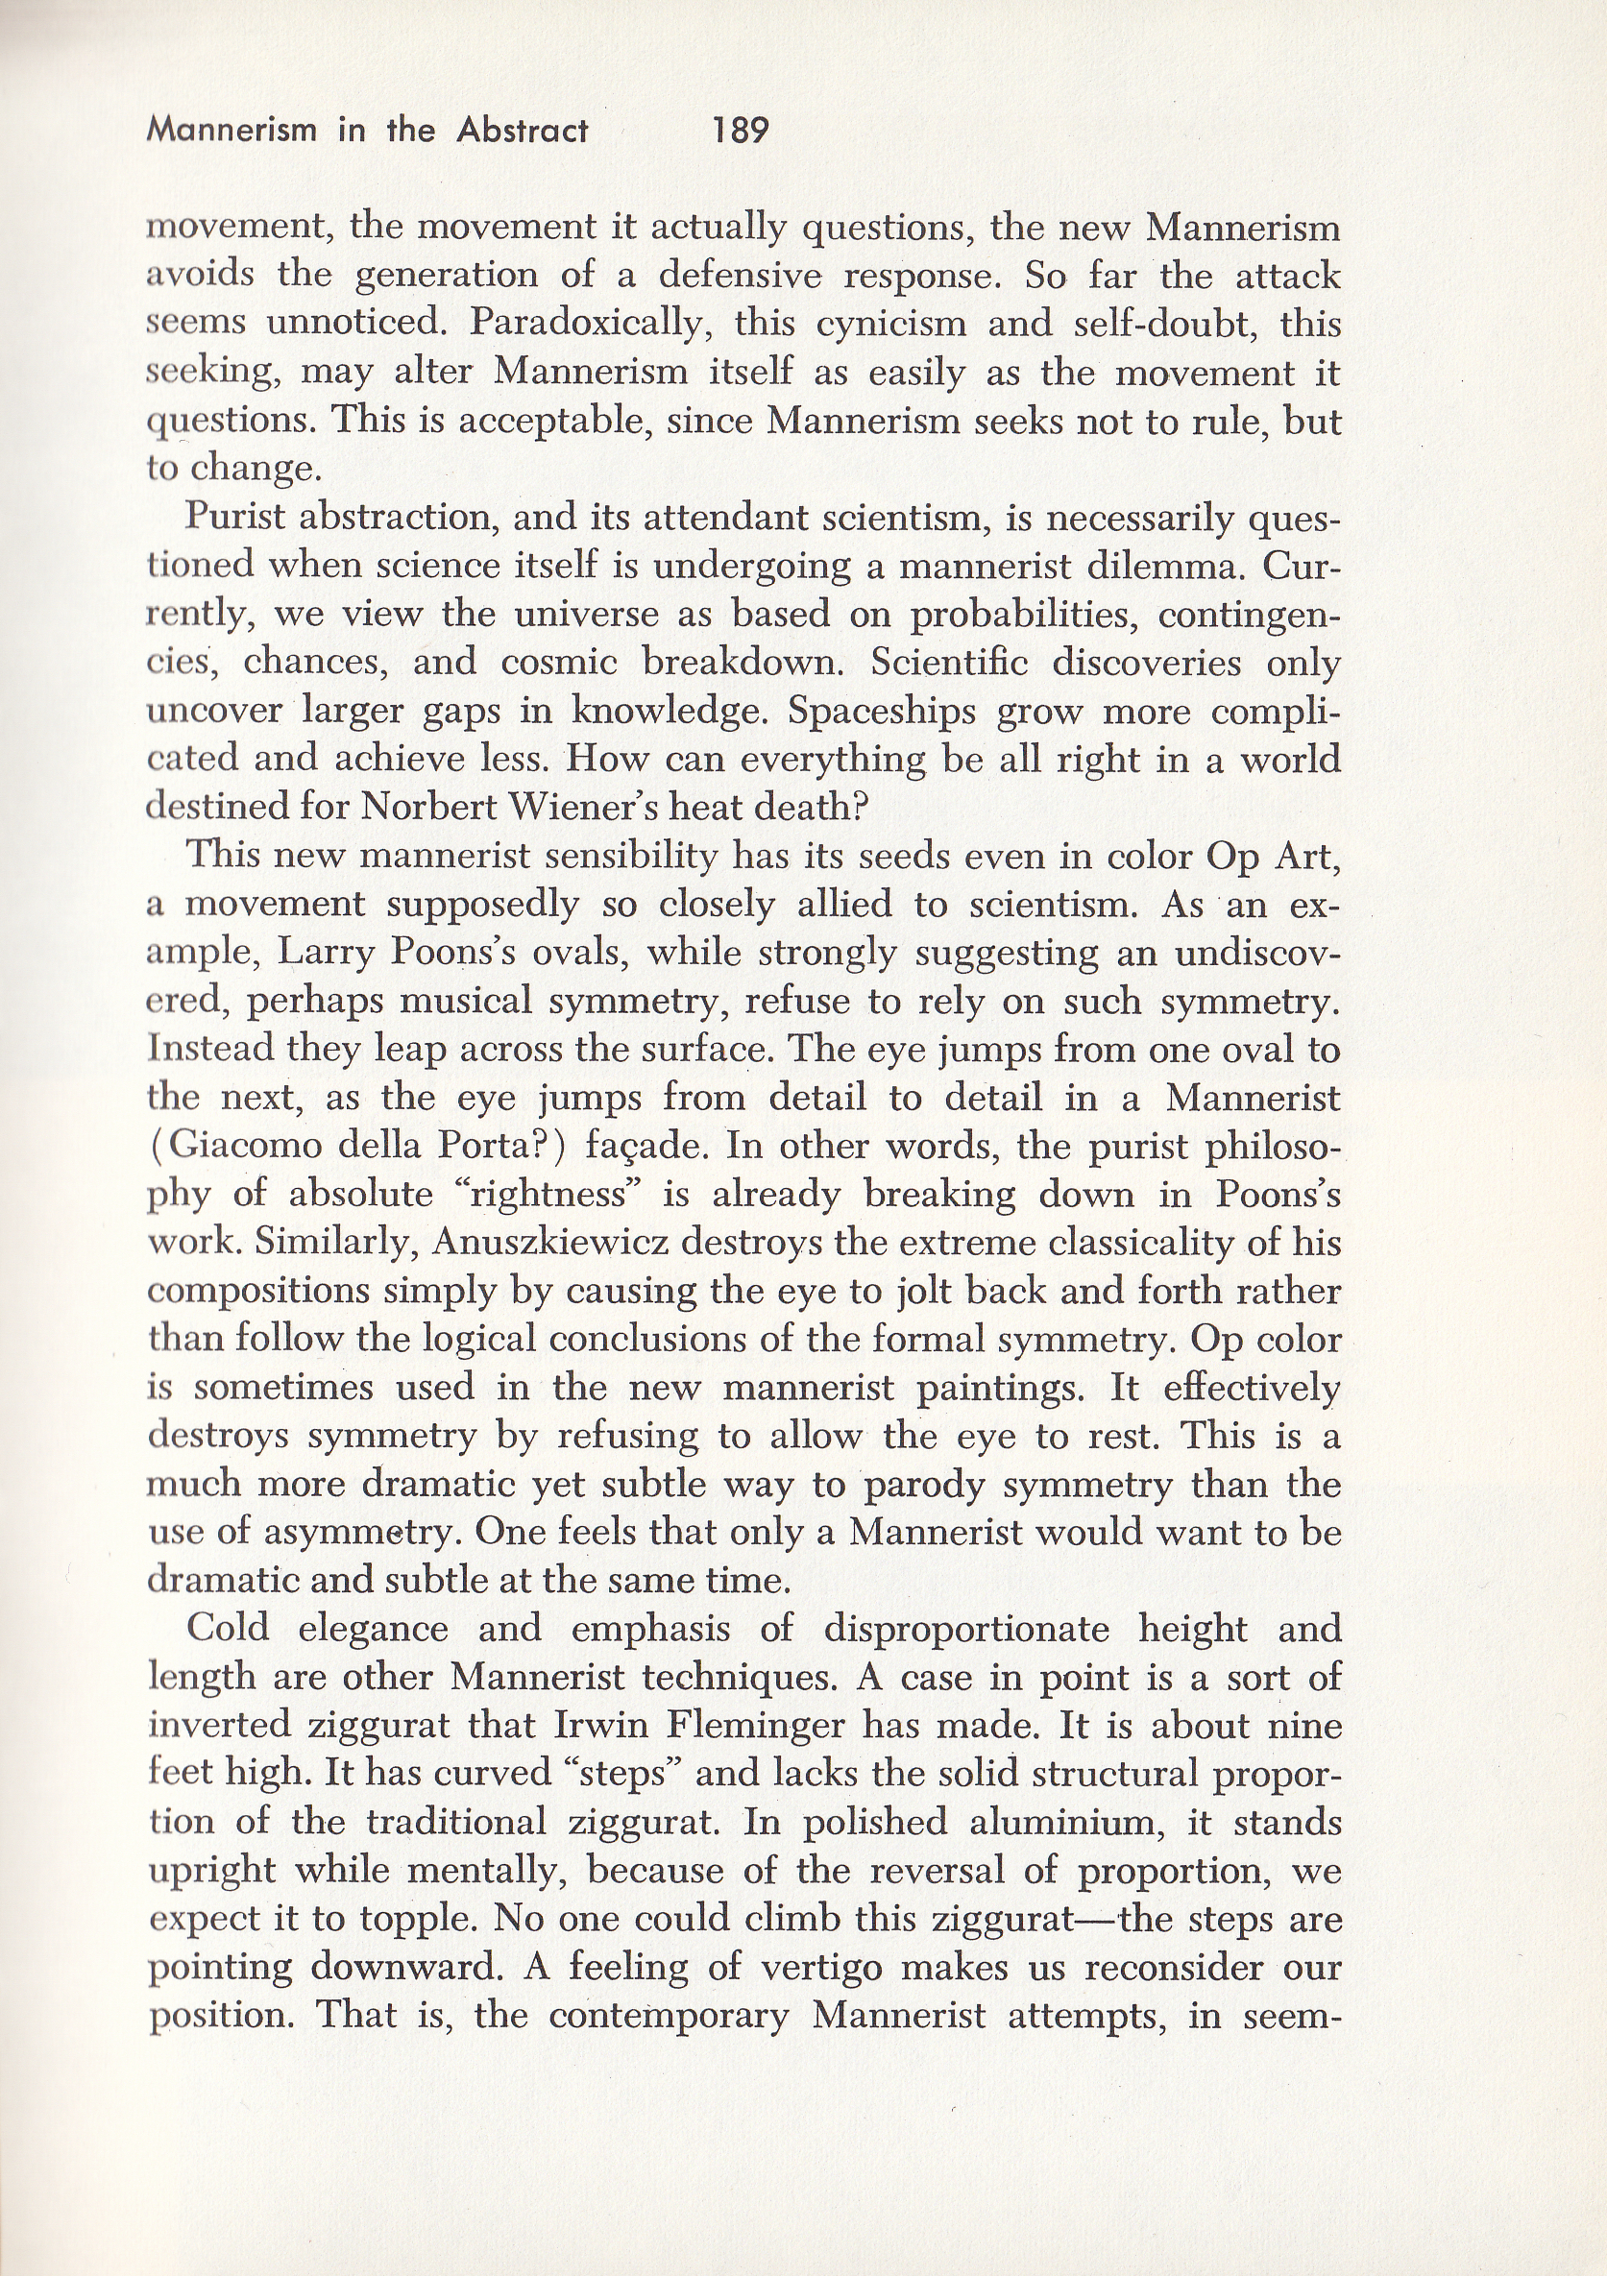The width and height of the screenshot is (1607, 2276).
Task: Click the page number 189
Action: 741,130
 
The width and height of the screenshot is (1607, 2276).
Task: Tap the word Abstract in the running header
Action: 523,130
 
